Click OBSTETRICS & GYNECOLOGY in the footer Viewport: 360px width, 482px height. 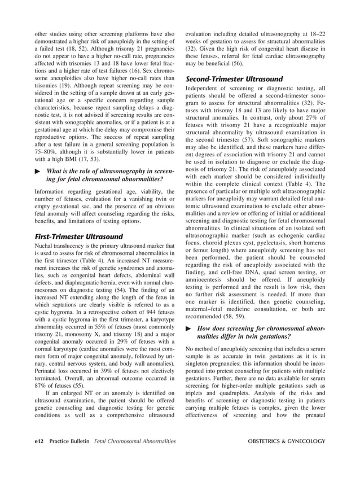click(283, 455)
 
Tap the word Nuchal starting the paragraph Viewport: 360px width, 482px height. click(45, 247)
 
